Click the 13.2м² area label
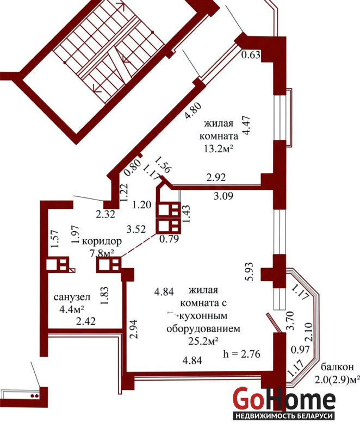pos(218,149)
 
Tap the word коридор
pos(102,241)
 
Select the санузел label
pos(72,297)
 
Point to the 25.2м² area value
pos(203,341)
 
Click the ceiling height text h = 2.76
pos(241,354)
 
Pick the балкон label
pos(338,366)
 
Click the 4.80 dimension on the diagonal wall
pos(193,111)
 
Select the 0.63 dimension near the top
pos(251,55)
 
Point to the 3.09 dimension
pos(224,196)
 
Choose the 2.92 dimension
pos(216,177)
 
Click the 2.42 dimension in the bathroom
pos(86,321)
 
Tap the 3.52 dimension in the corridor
pos(136,229)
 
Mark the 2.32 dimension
pos(105,214)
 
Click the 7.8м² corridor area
pos(103,253)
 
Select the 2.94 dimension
pos(134,329)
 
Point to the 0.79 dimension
pos(169,238)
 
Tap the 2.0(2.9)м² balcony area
pos(338,379)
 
